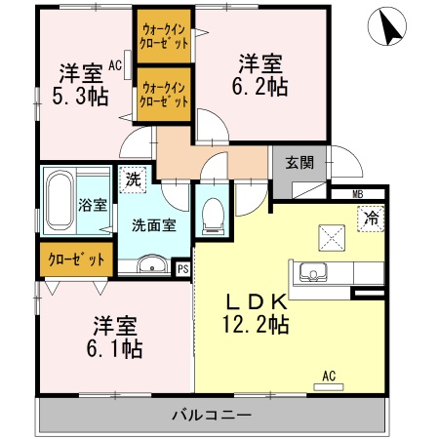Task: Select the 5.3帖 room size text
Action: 80,96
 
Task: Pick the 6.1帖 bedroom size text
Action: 113,348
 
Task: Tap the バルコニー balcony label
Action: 212,415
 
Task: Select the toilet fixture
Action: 212,218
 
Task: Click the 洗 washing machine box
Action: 131,180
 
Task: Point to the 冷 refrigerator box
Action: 370,219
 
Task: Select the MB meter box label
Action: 358,194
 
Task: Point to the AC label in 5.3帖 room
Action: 115,66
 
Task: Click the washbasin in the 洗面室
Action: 151,263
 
